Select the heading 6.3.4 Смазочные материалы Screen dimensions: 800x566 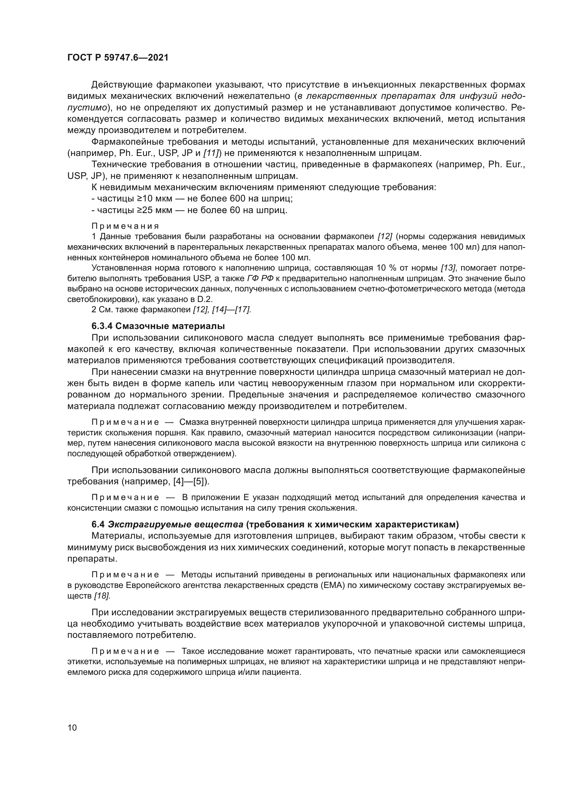[x=158, y=326]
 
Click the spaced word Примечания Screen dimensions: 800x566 [x=125, y=226]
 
